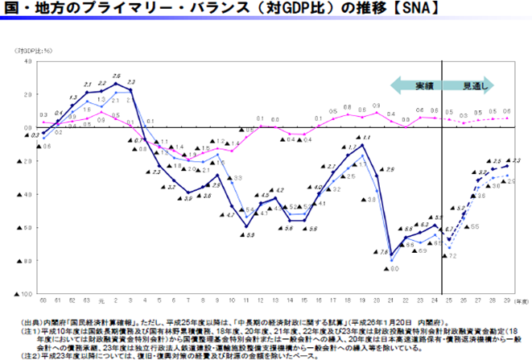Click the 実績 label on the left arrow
[424, 85]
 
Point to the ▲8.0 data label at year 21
[394, 268]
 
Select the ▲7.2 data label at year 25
[449, 255]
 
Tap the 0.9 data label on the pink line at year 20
[377, 105]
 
